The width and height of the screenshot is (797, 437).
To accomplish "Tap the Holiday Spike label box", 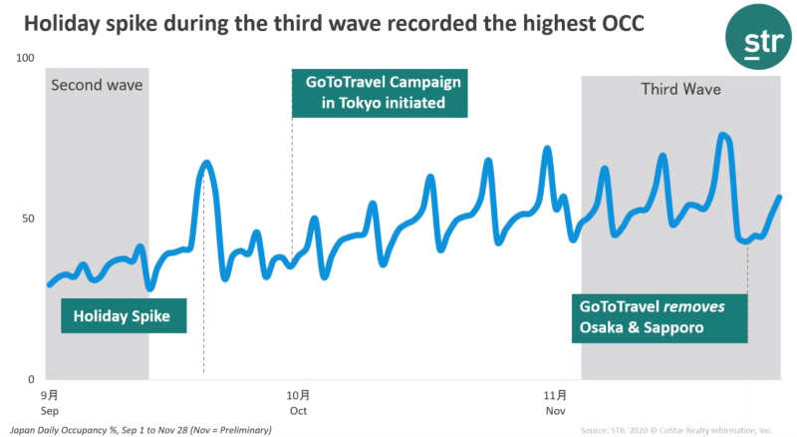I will coord(123,318).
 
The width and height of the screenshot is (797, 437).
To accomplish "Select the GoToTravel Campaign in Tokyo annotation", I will coord(382,92).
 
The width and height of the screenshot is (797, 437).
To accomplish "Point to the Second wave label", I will coord(97,85).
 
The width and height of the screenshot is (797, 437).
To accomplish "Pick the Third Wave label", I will coord(680,90).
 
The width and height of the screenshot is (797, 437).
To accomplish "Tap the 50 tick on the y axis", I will coord(28,218).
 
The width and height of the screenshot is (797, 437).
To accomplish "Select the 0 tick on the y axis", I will coord(31,380).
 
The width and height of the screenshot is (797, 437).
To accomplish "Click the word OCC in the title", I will coord(616,21).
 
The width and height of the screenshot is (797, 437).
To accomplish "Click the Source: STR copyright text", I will coord(676,429).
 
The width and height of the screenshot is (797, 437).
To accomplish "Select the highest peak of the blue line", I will coord(723,135).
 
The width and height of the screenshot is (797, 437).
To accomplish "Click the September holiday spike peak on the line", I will coord(206,162).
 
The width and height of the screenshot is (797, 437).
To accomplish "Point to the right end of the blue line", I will coord(779,198).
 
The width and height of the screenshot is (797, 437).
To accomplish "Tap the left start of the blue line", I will coord(50,284).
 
